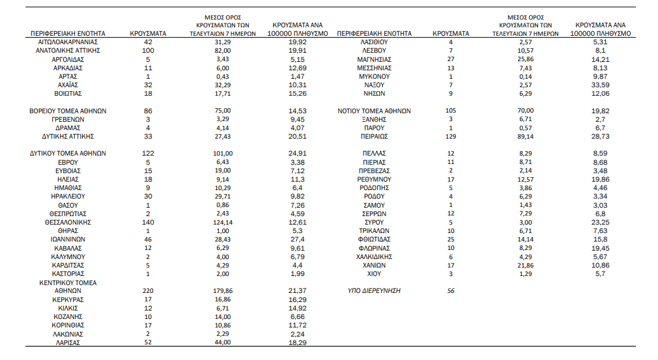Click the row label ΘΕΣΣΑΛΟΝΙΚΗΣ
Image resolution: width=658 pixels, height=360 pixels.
(x=68, y=223)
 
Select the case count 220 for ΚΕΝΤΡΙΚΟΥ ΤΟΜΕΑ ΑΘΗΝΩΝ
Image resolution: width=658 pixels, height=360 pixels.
(x=148, y=291)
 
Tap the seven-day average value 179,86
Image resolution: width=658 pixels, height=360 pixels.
(x=223, y=291)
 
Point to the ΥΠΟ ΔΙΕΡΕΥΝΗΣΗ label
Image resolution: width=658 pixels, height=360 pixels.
(x=375, y=291)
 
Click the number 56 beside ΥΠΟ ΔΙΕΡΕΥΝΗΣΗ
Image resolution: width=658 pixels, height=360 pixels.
(x=451, y=291)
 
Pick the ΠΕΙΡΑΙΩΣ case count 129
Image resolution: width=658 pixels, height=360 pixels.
(x=451, y=137)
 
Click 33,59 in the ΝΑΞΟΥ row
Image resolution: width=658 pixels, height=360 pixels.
(x=601, y=85)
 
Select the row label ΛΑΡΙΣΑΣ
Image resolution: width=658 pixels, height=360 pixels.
(x=68, y=343)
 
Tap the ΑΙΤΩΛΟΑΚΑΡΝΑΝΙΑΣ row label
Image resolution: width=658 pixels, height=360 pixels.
(x=68, y=42)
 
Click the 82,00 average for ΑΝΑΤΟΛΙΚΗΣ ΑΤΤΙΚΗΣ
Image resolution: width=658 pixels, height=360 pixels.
(x=223, y=51)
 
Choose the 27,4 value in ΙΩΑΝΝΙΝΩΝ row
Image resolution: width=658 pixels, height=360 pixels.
(x=298, y=240)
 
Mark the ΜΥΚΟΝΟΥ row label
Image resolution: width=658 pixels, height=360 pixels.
(x=375, y=77)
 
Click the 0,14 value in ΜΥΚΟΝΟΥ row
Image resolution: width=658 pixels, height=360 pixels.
(x=525, y=77)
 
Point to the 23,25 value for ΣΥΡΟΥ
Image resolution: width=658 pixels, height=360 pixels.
(x=601, y=223)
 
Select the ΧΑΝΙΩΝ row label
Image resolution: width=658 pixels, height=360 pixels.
(x=375, y=266)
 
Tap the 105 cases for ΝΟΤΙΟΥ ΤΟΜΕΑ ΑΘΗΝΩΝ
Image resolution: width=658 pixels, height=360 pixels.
(x=451, y=111)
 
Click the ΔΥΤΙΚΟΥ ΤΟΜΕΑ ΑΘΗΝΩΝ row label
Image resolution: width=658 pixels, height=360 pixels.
(x=68, y=154)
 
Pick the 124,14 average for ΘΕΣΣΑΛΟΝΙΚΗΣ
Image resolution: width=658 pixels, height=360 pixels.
(x=223, y=223)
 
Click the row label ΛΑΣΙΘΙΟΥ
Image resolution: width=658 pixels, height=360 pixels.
(x=375, y=42)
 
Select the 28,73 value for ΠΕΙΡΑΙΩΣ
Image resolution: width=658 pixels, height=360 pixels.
(x=601, y=137)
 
